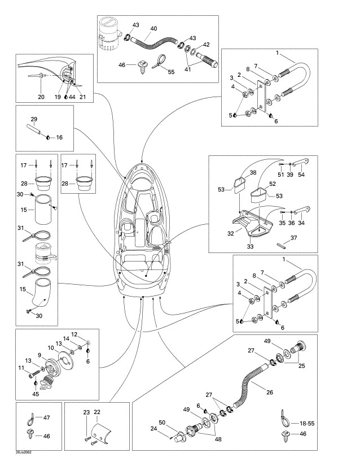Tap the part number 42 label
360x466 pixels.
pos(207,44)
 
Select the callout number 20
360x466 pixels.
pos(41,97)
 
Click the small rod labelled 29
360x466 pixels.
pos(36,132)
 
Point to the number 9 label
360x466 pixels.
pos(40,355)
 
